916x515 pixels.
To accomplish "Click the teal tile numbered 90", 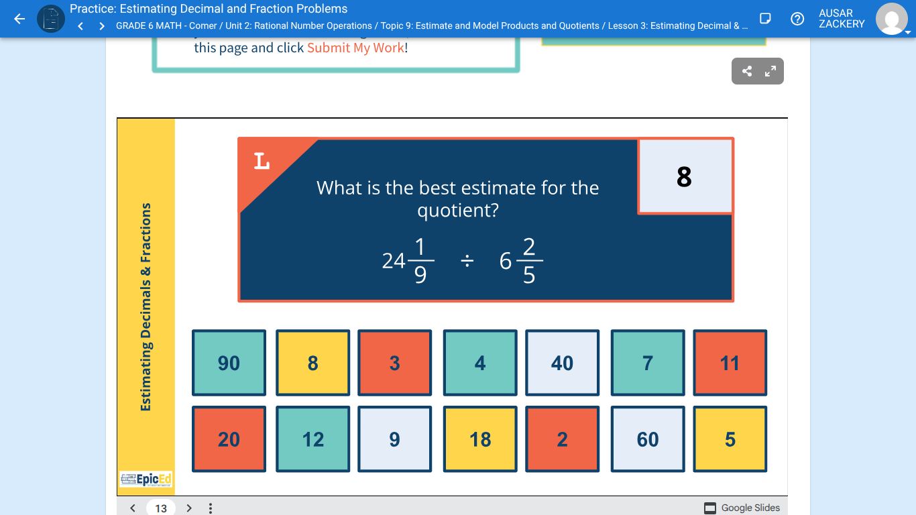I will [x=229, y=363].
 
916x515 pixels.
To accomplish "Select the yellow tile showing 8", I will [x=312, y=363].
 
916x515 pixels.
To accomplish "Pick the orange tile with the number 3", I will [x=394, y=363].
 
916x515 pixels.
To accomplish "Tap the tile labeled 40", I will [x=562, y=363].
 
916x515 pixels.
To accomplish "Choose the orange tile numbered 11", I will [x=730, y=363].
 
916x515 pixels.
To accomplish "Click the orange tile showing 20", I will [x=229, y=439].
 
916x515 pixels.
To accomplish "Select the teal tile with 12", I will [x=312, y=439].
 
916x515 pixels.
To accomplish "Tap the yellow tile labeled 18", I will [x=480, y=439].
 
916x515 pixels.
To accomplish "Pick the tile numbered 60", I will [x=648, y=439].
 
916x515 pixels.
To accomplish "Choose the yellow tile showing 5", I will [x=730, y=439].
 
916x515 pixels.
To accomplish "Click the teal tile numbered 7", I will [x=648, y=363].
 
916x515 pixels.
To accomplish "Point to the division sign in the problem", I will [x=467, y=260].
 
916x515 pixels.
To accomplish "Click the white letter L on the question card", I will [x=262, y=161].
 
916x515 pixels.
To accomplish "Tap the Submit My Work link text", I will [x=355, y=48].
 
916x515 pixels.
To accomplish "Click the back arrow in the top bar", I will [x=19, y=19].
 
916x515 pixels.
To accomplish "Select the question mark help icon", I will [x=797, y=19].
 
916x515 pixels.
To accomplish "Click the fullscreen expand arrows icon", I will [x=770, y=71].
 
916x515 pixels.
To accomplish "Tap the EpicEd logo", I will [x=146, y=479].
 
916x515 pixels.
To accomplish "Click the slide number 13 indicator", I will [x=161, y=508].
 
